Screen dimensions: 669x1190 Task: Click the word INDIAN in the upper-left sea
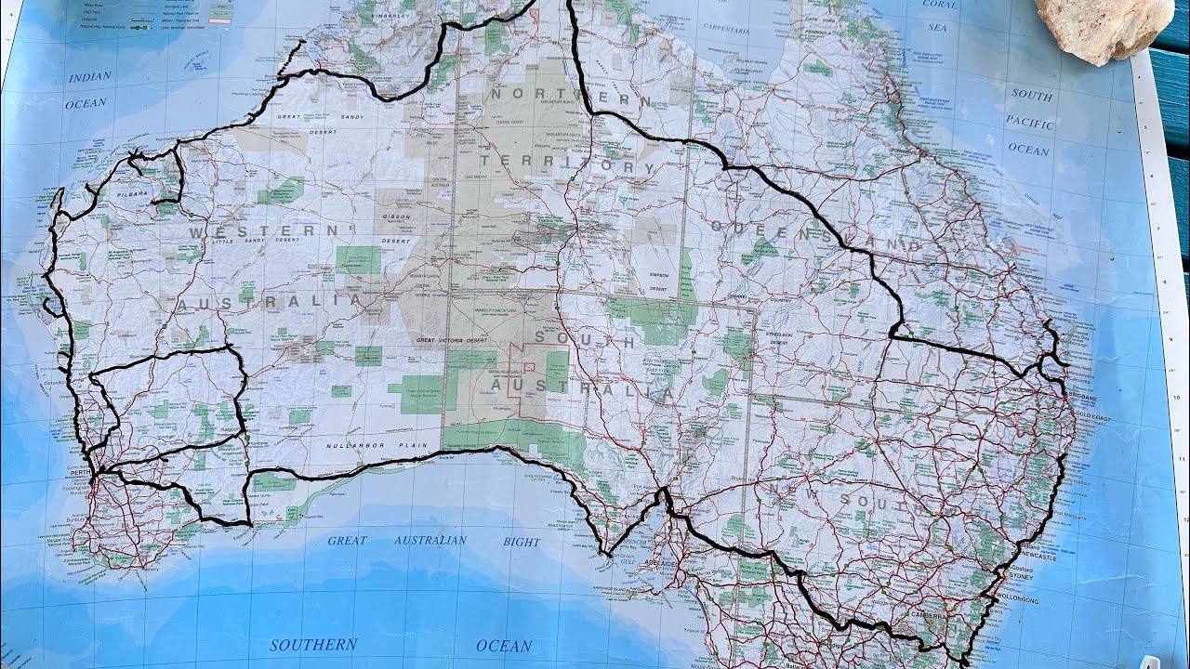click(x=89, y=77)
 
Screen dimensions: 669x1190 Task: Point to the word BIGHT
click(x=522, y=542)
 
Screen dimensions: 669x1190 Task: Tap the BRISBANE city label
click(x=1081, y=397)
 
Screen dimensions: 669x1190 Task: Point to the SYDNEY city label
click(x=1020, y=577)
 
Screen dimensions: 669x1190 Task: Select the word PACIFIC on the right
click(x=1029, y=123)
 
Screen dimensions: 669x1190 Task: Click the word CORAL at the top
click(x=939, y=5)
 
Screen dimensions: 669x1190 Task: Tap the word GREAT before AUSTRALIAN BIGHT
click(x=347, y=540)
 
